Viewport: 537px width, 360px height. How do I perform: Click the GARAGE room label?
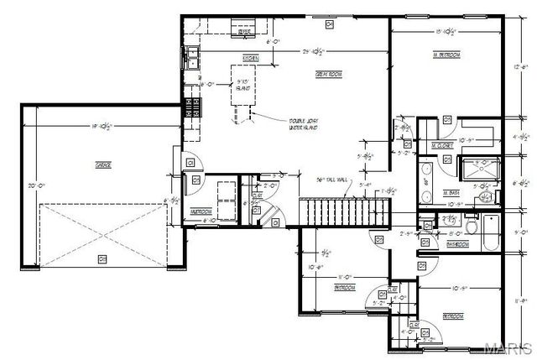pos(102,164)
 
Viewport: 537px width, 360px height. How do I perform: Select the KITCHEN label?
pos(250,58)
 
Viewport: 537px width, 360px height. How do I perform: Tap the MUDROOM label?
pos(201,212)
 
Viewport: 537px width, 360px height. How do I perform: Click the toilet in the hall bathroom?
pos(471,227)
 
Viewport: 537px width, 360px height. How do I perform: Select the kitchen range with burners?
pos(193,107)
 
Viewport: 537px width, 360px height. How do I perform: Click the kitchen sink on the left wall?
pos(193,57)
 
